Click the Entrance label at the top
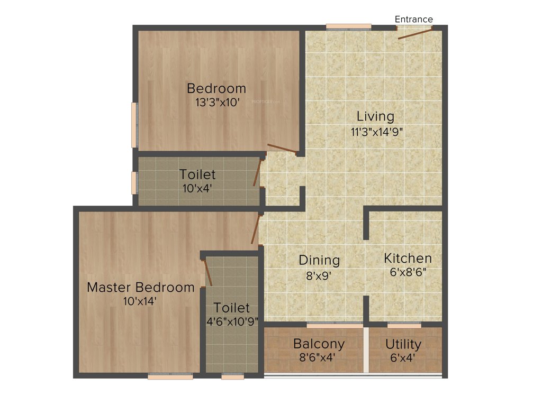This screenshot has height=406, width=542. [413, 20]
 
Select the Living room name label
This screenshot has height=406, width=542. [375, 116]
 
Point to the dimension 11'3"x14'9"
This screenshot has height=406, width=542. [377, 132]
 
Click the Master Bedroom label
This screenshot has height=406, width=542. [140, 288]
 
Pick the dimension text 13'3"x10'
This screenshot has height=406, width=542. [217, 103]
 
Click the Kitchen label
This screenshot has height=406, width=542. [408, 259]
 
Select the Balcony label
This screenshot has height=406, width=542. [319, 344]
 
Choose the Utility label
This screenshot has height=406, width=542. [403, 345]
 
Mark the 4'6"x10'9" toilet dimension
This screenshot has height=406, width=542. [231, 321]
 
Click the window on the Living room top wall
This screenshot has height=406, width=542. [348, 26]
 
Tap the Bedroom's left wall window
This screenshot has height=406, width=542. [134, 125]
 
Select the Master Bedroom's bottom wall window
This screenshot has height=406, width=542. [170, 376]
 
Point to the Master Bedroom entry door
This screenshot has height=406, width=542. [256, 228]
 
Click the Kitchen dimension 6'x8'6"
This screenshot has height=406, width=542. [408, 273]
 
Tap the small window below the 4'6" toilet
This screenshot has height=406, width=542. [232, 376]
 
